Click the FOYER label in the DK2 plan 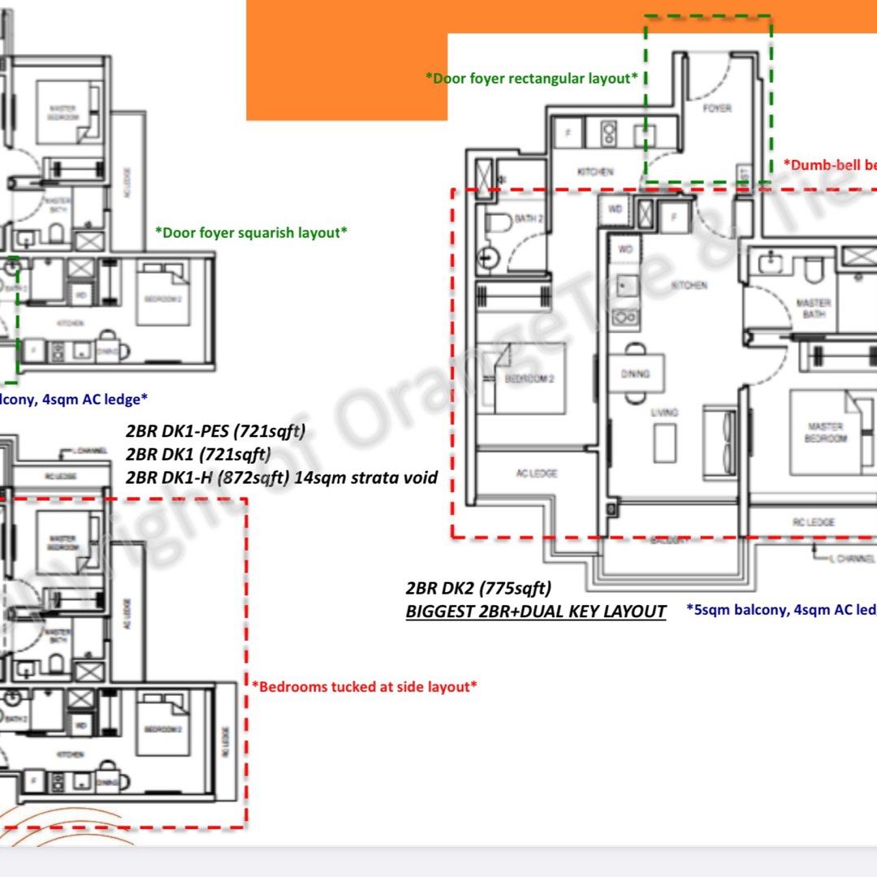click(716, 108)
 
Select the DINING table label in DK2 click(636, 374)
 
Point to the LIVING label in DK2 click(663, 413)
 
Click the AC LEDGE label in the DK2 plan click(537, 473)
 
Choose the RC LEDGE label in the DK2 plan click(813, 522)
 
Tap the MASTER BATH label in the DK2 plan click(813, 308)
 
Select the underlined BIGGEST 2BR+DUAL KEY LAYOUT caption click(536, 611)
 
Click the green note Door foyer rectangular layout click(531, 78)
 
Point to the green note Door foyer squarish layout click(251, 232)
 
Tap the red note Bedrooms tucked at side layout click(364, 686)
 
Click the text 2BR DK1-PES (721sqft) click(215, 430)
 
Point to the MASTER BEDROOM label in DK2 click(825, 432)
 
